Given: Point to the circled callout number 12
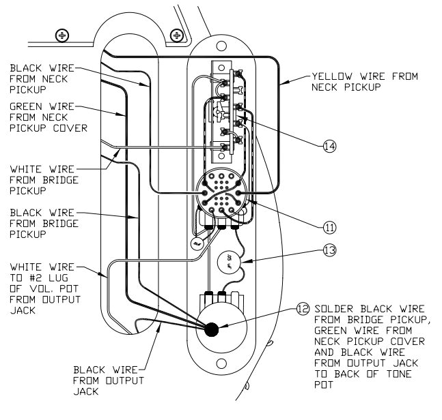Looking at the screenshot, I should tap(302, 307).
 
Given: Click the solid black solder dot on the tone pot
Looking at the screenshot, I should tap(212, 329).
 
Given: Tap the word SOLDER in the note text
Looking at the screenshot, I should tap(331, 307).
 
